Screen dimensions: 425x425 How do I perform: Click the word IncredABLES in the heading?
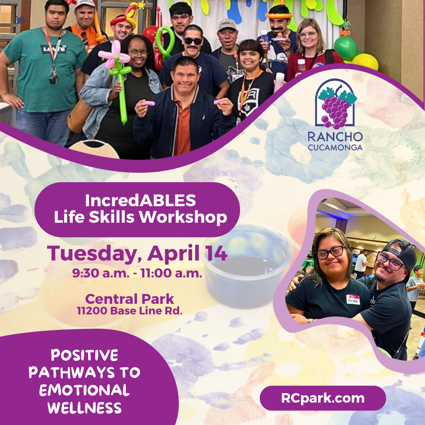[x=140, y=201]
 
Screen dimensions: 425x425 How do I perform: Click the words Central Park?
[x=129, y=299]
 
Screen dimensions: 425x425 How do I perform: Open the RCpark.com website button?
[x=322, y=398]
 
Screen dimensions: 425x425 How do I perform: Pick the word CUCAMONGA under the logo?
[x=335, y=148]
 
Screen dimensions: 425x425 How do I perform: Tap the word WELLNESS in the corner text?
[x=84, y=408]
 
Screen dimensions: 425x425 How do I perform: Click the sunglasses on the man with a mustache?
[x=193, y=41]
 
